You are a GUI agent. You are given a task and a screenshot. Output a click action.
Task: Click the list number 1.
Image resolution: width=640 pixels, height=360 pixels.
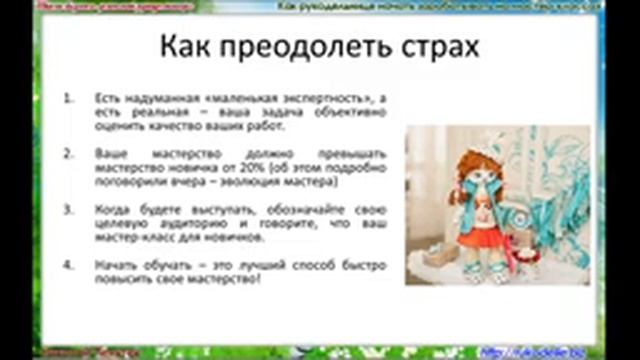coord(67,100)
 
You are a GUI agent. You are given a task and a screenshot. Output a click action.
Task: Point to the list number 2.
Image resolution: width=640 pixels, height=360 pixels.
coord(67,156)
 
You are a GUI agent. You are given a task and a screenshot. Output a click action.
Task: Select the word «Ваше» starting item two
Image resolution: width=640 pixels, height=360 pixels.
coord(108,156)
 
